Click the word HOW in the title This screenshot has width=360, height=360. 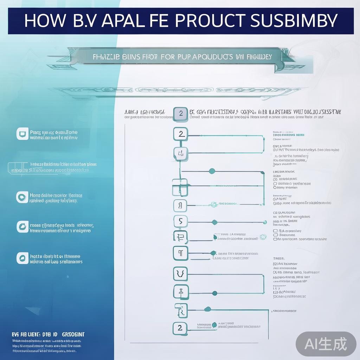point(45,21)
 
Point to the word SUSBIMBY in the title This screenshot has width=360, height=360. point(294,21)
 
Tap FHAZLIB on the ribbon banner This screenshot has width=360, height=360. point(106,57)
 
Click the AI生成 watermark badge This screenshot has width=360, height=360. point(326,343)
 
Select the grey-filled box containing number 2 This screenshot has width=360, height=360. point(180,113)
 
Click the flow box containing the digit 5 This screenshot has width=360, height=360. point(180,221)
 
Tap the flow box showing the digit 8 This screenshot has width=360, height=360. point(180,205)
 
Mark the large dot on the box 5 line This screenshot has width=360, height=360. point(214,222)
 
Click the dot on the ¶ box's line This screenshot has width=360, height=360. point(213,253)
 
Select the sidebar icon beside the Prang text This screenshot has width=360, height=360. point(22,134)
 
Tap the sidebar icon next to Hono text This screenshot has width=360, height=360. point(22,197)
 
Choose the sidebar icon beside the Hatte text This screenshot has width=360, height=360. point(22,258)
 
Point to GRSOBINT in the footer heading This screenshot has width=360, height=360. point(73,334)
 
